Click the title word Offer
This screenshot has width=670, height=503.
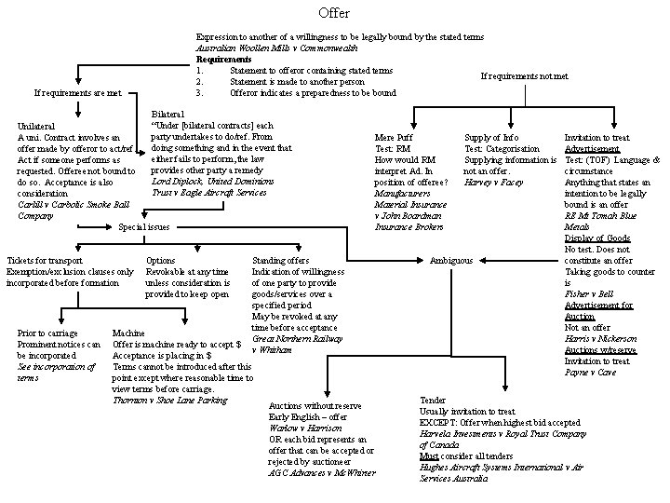tap(334, 13)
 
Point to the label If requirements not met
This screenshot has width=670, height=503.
tap(524, 76)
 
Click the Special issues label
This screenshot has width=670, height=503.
tap(144, 226)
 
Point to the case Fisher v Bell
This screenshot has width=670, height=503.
tap(588, 292)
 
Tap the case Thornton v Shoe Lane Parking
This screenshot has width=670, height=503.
tap(169, 401)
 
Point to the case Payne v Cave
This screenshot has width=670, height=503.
tap(590, 372)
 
